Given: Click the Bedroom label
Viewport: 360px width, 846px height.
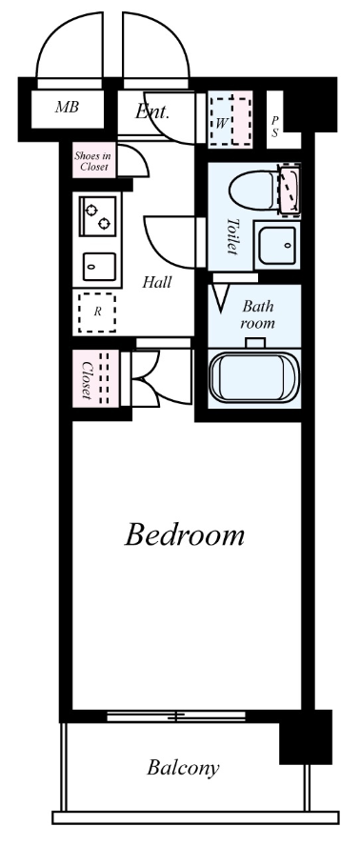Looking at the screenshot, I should pos(186,534).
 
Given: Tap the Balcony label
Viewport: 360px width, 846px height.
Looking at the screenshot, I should pos(184,766).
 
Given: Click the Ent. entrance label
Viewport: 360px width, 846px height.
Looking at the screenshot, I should pos(152,111).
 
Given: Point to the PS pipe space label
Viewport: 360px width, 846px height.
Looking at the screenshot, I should pos(275,127).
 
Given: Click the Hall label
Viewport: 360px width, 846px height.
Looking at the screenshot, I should pos(157,283).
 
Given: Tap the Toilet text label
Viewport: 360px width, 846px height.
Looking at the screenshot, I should pos(231,235).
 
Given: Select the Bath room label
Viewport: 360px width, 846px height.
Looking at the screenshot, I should pos(258,314).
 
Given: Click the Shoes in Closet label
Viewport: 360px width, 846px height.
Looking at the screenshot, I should pos(93,161).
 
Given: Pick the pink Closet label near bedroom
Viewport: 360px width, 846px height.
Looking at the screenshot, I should pos(85,379).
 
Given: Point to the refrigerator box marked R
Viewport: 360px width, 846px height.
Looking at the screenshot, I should pos(96,311).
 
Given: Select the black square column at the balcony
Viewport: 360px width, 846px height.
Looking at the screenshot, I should pos(304,736).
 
